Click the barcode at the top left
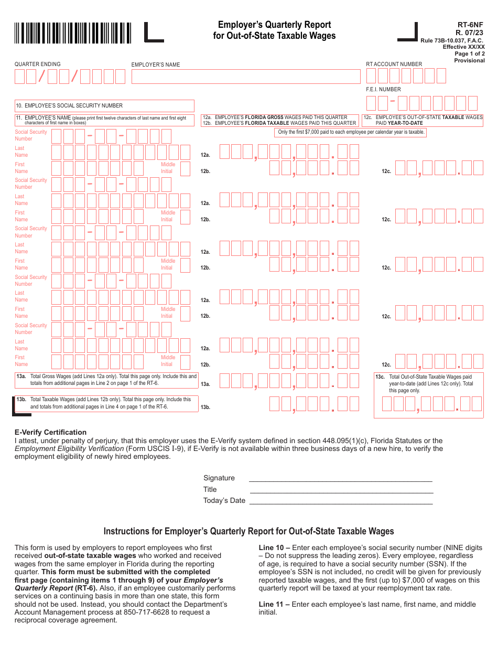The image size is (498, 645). click(x=73, y=33)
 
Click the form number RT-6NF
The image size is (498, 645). click(x=470, y=25)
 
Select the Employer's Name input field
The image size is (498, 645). click(x=246, y=77)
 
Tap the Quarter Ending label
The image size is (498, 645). click(x=37, y=64)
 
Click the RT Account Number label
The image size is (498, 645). click(x=394, y=64)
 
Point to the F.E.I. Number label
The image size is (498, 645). click(x=383, y=89)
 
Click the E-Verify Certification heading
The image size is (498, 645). click(x=50, y=433)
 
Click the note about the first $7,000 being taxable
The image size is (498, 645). click(x=351, y=132)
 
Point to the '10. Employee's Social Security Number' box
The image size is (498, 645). click(x=104, y=105)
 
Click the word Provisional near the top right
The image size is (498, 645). click(x=469, y=60)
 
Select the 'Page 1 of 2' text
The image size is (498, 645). click(x=469, y=53)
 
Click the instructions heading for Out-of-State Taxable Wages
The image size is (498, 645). click(x=248, y=531)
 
